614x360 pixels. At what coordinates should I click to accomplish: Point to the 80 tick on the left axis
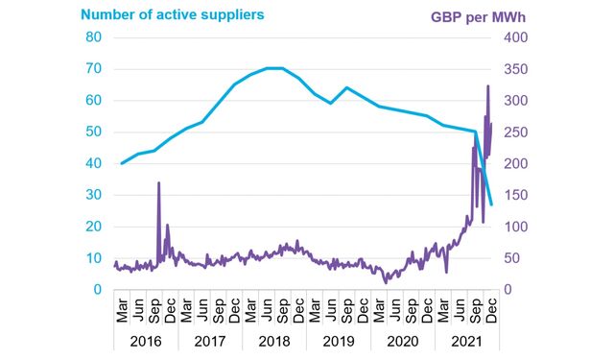(x=94, y=37)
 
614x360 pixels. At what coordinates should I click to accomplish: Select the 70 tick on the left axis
(x=94, y=69)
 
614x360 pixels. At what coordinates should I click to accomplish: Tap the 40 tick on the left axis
(x=94, y=163)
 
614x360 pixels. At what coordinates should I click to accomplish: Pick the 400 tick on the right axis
(x=510, y=37)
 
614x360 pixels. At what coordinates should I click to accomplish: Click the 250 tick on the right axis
(x=510, y=132)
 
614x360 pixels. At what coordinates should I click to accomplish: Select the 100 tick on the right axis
(x=510, y=227)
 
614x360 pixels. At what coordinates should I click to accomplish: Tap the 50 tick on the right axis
(x=507, y=258)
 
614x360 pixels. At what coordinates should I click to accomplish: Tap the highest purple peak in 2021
(x=488, y=85)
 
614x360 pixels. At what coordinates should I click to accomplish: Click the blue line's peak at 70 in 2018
(x=273, y=68)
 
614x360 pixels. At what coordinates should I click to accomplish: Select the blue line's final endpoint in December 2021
(x=491, y=204)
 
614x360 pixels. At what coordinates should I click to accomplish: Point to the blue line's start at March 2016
(x=121, y=163)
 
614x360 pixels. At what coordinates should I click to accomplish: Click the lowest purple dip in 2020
(x=387, y=282)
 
